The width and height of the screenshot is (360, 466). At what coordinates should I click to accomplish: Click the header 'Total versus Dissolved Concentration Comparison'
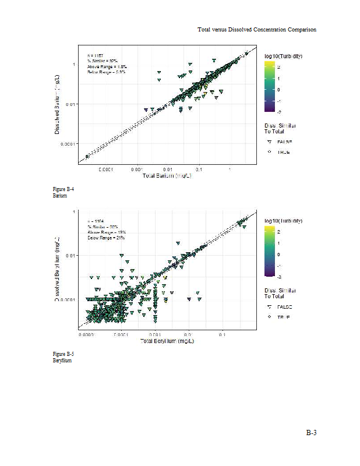tap(257, 30)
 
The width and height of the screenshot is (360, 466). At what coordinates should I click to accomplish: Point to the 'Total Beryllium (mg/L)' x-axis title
tap(167, 341)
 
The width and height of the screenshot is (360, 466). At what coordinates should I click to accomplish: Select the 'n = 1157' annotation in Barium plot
tap(96, 56)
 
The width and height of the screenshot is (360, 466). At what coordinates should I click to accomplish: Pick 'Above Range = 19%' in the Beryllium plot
tap(106, 232)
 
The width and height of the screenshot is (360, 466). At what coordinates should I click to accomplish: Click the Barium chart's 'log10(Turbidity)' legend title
tap(283, 56)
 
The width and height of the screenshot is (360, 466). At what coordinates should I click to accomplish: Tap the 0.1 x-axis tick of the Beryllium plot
tap(222, 336)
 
